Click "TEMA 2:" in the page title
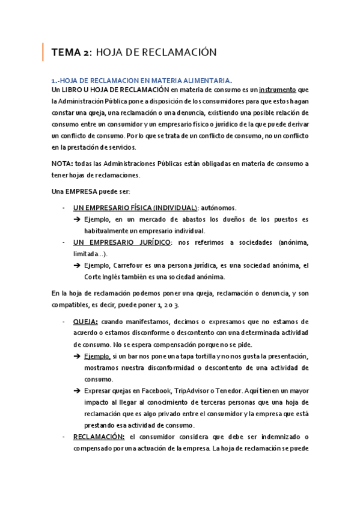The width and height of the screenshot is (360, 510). click(72, 52)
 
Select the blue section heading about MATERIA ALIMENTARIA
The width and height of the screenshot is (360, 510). click(141, 80)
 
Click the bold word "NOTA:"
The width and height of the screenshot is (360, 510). click(63, 163)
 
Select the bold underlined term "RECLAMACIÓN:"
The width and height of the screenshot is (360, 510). click(99, 436)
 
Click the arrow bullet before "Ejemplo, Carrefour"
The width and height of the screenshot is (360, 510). click(78, 265)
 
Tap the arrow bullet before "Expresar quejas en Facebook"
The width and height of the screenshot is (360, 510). click(78, 390)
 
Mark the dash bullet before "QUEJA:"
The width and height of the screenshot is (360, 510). click(64, 322)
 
